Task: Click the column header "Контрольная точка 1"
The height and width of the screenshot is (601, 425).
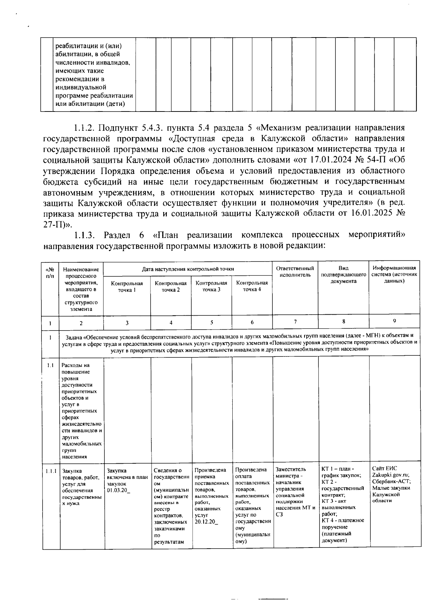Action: [x=127, y=286]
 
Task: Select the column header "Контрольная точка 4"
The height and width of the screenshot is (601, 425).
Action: [x=252, y=286]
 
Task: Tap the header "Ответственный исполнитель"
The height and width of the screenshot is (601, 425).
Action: [x=295, y=271]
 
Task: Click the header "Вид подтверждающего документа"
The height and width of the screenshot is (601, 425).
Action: [x=343, y=275]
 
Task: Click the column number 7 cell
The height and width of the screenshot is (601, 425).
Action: [x=295, y=321]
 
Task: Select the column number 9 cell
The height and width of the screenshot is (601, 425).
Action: [x=394, y=321]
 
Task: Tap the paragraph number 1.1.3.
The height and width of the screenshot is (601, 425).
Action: [x=85, y=235]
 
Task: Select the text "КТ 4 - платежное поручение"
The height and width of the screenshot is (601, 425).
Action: [x=342, y=523]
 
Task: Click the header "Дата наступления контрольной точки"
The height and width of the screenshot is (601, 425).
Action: [x=188, y=269]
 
